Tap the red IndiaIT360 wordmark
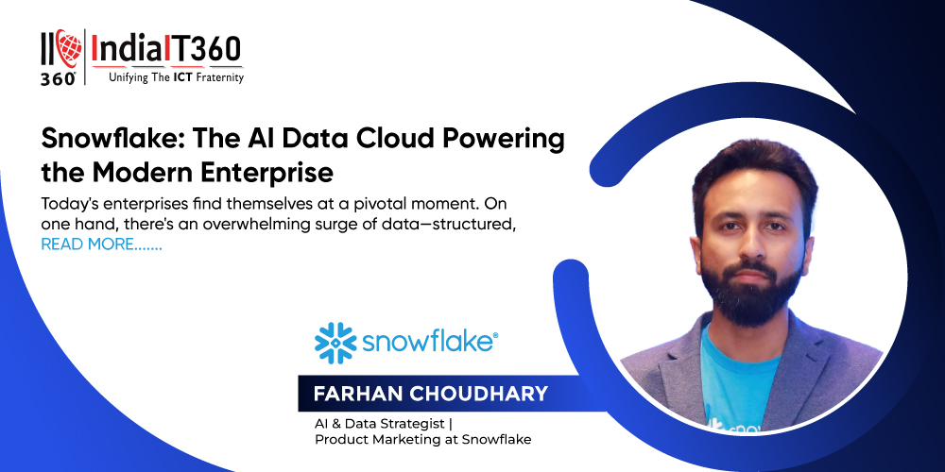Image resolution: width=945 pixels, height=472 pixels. coord(166,49)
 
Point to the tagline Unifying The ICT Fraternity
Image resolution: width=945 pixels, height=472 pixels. coord(176,77)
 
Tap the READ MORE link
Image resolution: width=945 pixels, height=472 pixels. coord(101,245)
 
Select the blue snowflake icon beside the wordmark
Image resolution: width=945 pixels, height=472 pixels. coord(335,344)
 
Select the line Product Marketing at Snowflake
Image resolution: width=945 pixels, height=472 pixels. coord(423,440)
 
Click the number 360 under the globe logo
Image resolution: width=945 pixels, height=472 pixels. coord(59,78)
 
